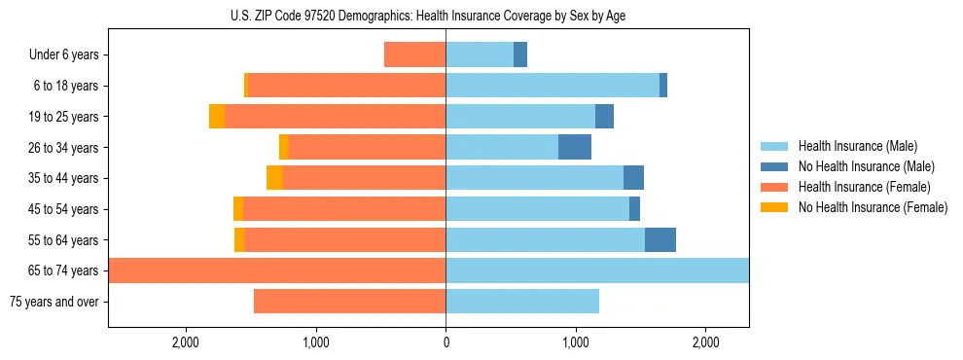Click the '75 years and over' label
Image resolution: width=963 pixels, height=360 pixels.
tap(53, 302)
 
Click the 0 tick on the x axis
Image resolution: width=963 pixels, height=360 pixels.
tap(446, 342)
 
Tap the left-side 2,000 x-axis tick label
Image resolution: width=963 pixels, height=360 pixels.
tap(185, 342)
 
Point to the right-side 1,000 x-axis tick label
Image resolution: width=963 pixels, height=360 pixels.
tap(576, 342)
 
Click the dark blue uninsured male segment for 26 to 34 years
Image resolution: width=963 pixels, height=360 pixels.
tap(575, 147)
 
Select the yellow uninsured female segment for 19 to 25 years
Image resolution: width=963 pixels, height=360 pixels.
tap(217, 117)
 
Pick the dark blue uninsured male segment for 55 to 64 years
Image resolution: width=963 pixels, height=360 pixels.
tap(660, 239)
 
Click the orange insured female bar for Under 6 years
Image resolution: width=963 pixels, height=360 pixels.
tap(415, 55)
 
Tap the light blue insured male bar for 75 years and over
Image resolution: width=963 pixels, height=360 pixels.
tap(522, 302)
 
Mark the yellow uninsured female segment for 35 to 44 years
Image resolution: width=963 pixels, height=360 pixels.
tap(274, 178)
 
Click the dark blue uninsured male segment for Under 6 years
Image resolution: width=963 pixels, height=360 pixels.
tap(520, 55)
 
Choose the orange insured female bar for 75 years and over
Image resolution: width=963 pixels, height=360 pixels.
tap(350, 302)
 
